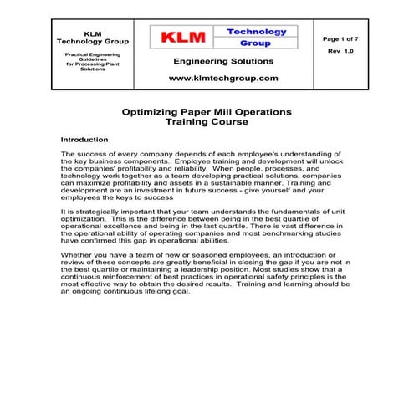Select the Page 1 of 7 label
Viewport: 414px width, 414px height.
click(344, 38)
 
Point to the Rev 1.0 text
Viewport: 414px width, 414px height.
click(343, 52)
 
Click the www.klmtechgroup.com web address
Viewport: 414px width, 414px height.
click(223, 77)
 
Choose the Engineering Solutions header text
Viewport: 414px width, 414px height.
click(223, 61)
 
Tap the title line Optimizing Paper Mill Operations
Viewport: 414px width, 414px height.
click(207, 110)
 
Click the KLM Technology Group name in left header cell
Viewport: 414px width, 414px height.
click(93, 38)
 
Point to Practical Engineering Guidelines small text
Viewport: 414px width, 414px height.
click(93, 57)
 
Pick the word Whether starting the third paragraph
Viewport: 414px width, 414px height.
click(79, 254)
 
